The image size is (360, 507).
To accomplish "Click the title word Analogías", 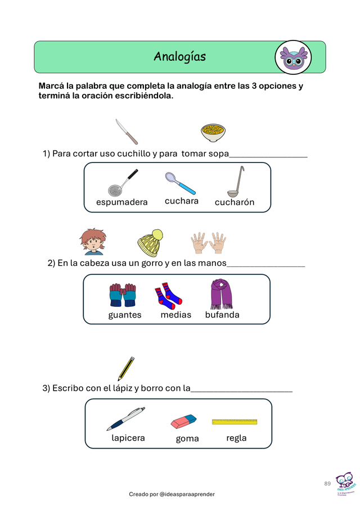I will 179,57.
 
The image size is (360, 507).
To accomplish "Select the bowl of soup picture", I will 214,133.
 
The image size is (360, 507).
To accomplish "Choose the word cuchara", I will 182,201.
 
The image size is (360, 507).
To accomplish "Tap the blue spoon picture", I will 181,183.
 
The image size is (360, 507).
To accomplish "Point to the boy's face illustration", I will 92,242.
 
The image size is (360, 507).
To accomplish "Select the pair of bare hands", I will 208,243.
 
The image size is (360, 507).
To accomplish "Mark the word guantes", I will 125,315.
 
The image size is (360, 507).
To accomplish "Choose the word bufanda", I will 222,315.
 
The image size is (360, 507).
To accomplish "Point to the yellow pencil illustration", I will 127,368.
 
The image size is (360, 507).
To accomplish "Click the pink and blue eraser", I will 183,420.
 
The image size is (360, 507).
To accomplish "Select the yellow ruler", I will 235,422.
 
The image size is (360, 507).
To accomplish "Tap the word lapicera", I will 128,438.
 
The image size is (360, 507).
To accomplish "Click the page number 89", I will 327,483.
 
